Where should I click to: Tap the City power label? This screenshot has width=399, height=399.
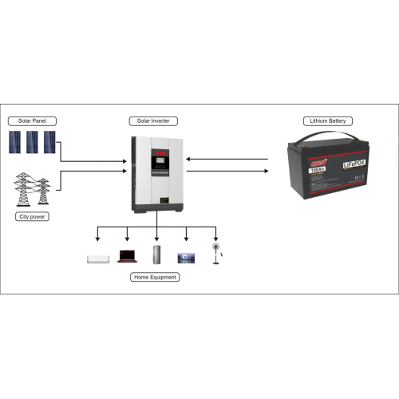pos(30,216)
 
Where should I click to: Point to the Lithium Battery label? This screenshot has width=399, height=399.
pos(325,120)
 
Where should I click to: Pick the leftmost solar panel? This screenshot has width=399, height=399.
pos(18,143)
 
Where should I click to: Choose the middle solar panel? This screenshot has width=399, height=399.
pos(33,143)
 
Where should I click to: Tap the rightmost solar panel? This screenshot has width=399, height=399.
pos(49,143)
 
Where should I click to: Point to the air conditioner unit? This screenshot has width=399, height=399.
pos(97,258)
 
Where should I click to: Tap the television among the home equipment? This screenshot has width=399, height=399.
pos(186,257)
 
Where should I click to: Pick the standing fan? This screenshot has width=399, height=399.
pos(215,253)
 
